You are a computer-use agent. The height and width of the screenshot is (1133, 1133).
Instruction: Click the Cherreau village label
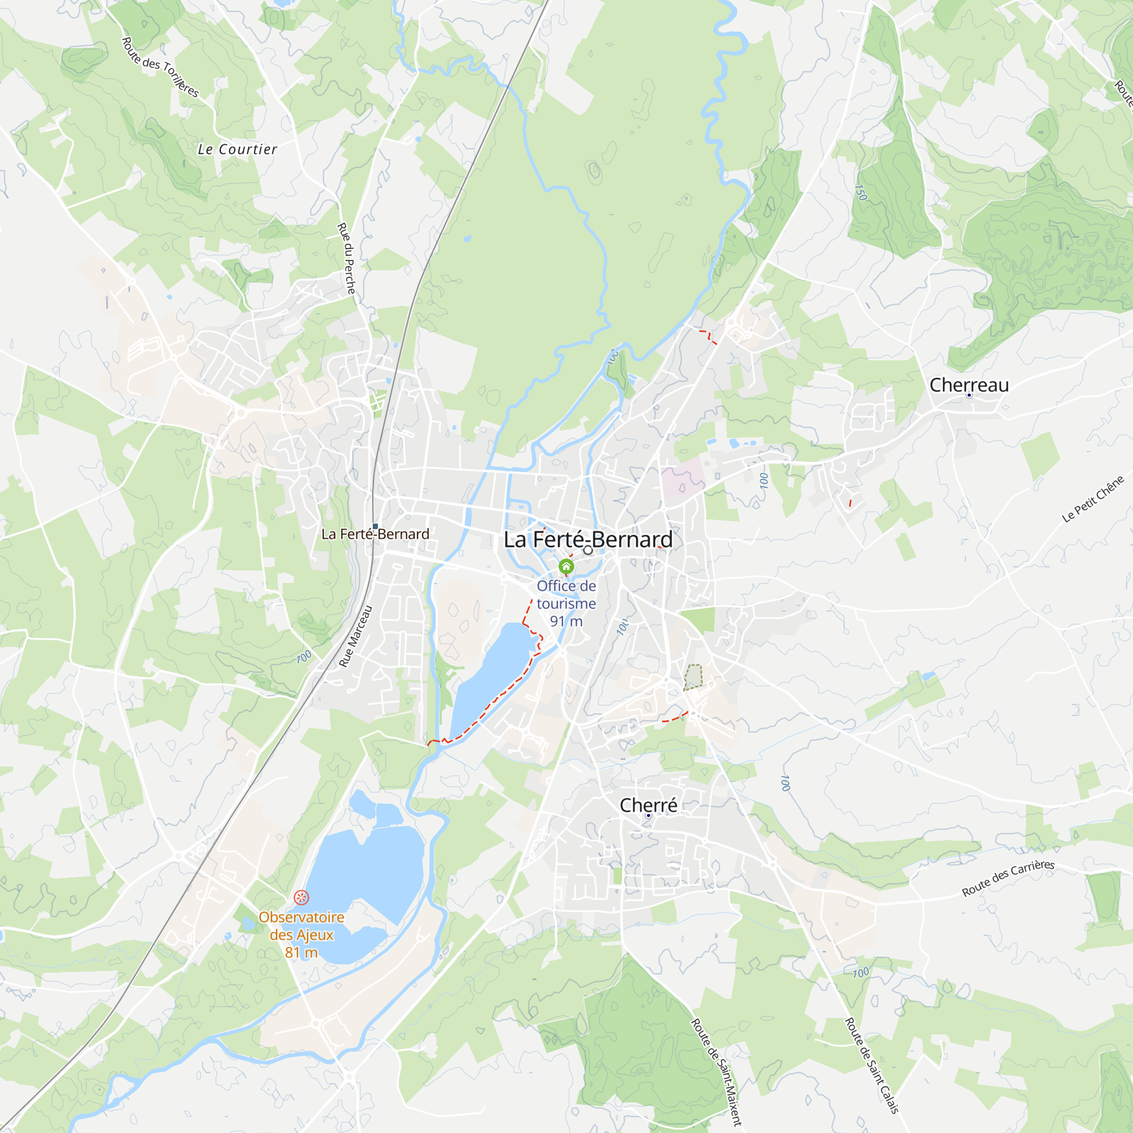coord(969,385)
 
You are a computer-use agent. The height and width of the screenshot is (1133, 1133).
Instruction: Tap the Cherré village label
coord(648,804)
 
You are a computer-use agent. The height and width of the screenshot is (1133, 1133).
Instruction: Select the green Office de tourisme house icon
coord(566,566)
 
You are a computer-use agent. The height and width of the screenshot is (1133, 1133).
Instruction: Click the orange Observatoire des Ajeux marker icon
coord(301,897)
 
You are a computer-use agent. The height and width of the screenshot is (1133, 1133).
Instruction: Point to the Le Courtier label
coord(237,150)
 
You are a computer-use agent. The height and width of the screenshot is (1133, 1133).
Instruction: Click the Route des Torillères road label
coord(160,67)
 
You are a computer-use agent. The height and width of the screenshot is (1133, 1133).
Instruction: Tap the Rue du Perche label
coord(347,258)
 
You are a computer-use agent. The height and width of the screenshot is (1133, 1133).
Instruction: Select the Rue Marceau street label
coord(355,636)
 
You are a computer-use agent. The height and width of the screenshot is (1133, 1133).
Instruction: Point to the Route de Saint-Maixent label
coord(716,1072)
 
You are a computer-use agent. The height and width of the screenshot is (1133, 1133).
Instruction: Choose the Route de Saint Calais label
coord(871,1065)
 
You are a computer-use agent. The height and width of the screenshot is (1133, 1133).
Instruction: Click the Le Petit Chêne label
coord(1093,499)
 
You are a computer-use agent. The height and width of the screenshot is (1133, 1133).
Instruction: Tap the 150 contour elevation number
coord(861,193)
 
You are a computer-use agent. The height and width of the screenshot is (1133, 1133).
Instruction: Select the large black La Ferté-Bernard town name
coord(588,539)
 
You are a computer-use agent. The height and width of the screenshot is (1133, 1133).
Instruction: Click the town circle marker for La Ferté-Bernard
coord(587,550)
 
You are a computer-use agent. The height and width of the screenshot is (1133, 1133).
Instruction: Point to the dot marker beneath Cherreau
coord(969,395)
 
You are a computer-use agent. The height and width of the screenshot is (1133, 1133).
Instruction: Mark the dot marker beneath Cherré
coord(648,815)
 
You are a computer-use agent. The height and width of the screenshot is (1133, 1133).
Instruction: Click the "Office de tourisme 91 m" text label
coord(566,603)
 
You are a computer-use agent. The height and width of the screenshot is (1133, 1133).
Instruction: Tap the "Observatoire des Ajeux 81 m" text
coord(301,935)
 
